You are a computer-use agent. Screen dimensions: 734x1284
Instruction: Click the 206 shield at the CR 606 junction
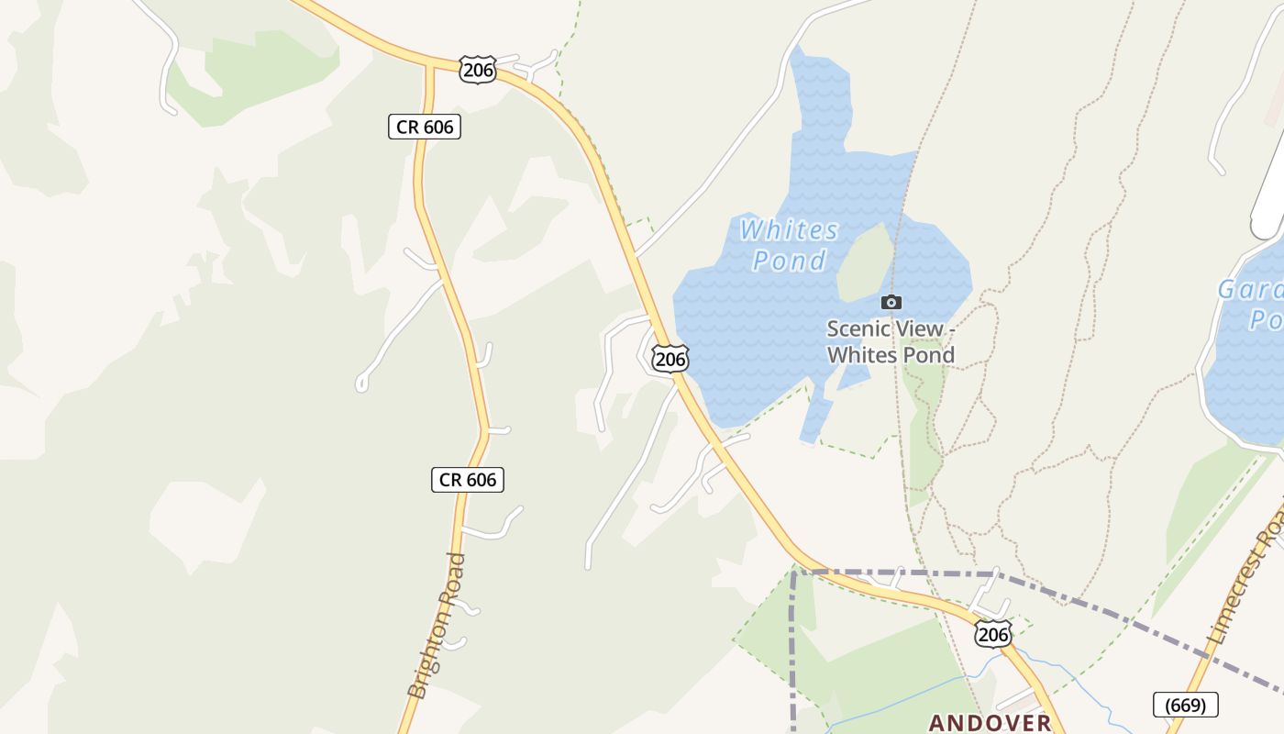coord(478,70)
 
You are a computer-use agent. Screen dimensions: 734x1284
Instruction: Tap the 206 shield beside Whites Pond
coord(670,359)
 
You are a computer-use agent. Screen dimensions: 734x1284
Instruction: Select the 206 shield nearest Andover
coord(993,634)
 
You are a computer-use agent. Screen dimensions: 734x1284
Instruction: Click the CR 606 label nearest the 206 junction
coord(424,127)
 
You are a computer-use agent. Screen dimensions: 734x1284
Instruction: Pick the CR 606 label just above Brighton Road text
coord(467,479)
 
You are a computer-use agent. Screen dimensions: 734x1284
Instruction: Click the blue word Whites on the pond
coord(789,229)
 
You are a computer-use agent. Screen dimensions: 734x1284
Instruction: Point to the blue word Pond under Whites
coord(789,261)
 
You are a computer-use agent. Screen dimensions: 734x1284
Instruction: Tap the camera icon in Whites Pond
coord(891,302)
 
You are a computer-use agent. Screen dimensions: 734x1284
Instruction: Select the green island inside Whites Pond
coord(865,262)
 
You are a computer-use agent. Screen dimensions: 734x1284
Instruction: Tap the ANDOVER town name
coord(991,722)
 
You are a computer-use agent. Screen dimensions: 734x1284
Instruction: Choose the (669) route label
coord(1185,705)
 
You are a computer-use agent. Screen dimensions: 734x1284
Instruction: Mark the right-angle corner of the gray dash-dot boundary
coord(794,573)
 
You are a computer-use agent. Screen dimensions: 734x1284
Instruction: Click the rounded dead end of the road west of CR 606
coord(361,385)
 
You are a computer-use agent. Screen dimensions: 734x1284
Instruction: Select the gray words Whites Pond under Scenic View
coord(891,355)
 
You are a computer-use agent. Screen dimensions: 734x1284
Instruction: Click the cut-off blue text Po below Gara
coord(1266,320)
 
